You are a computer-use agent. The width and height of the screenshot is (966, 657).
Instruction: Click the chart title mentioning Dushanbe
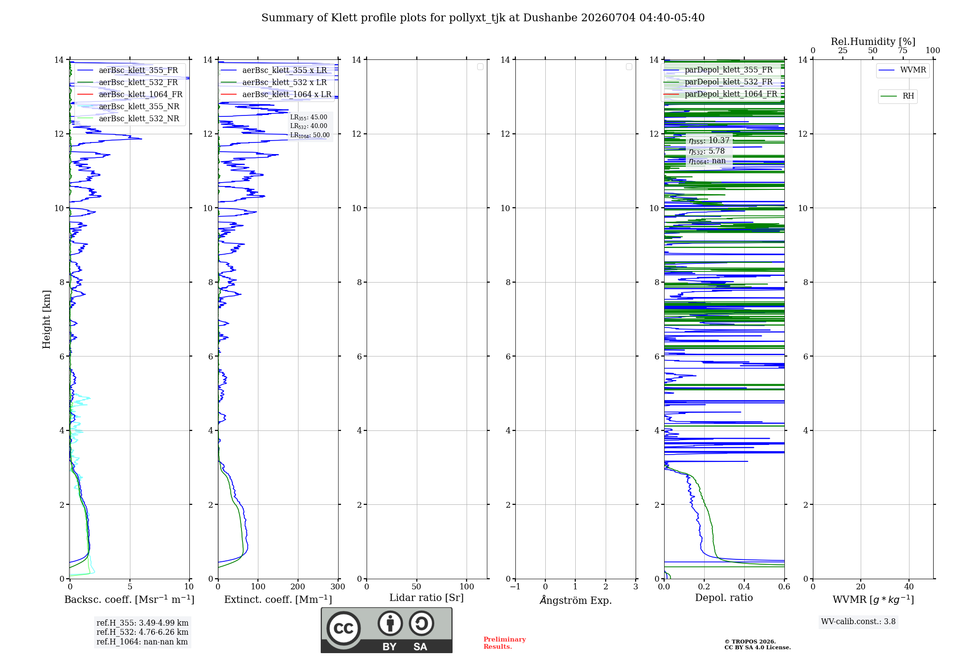(x=483, y=18)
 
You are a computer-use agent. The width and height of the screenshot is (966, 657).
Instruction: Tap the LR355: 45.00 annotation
(x=309, y=117)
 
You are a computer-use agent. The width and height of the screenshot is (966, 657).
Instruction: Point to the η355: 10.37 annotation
(x=709, y=141)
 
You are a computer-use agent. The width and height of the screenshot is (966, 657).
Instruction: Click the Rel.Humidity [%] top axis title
(x=873, y=42)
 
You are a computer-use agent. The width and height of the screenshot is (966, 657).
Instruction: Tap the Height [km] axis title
(x=46, y=319)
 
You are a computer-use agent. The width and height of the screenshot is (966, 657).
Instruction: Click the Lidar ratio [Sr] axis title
(x=426, y=598)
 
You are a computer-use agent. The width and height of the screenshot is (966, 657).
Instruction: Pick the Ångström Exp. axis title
(x=575, y=600)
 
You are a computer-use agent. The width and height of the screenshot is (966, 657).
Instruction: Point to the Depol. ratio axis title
(x=724, y=598)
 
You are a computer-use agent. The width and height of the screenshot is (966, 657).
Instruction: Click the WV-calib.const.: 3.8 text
(x=858, y=622)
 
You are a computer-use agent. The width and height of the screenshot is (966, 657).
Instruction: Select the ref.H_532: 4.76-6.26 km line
(x=142, y=632)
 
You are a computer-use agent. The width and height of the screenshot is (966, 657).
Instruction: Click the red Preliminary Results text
(x=505, y=643)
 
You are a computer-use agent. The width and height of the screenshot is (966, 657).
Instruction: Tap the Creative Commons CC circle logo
(x=343, y=628)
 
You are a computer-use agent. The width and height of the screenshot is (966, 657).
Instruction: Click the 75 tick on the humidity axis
(x=903, y=51)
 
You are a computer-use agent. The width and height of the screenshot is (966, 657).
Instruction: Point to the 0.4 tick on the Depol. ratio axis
(x=744, y=587)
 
